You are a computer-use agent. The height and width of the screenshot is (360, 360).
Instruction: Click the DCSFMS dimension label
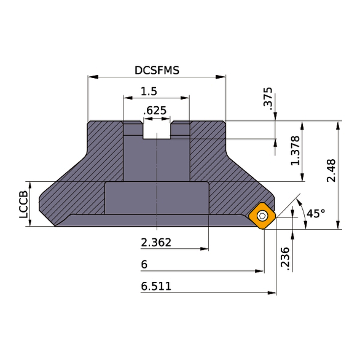(157, 70)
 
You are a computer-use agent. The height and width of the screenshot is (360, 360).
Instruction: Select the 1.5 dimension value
(149, 91)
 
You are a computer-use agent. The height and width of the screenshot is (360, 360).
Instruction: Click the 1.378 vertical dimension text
(295, 151)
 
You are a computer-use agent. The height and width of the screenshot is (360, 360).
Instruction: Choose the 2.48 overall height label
(331, 170)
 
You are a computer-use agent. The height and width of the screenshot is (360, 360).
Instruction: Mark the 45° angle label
(316, 214)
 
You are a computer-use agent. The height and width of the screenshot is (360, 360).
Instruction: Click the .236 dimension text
(283, 258)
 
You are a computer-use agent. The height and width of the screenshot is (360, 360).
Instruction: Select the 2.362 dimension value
(156, 243)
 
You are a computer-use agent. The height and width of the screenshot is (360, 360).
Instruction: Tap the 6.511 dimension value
(156, 286)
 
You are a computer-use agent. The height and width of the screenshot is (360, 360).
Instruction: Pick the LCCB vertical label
(23, 205)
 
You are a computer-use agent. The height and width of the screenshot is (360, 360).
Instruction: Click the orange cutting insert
(262, 216)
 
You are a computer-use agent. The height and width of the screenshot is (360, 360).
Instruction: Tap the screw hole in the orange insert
(263, 215)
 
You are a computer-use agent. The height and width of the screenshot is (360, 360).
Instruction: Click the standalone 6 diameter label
(144, 264)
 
